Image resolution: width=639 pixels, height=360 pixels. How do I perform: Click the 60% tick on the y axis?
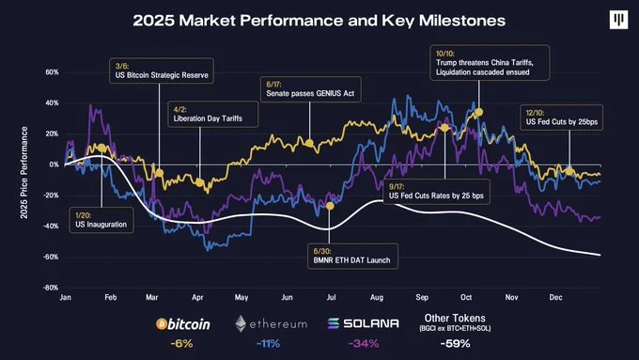click(52, 71)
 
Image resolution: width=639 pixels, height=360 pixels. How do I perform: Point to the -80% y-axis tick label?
click(51, 288)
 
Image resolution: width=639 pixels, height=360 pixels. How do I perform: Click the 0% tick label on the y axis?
click(54, 164)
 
